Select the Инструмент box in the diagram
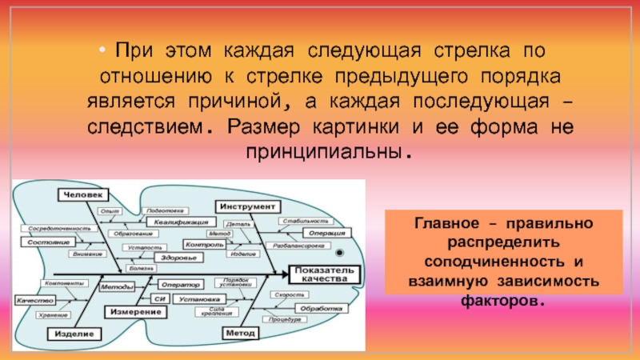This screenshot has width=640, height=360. coord(241,206)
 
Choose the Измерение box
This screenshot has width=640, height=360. coord(130,310)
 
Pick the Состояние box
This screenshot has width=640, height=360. coord(44,241)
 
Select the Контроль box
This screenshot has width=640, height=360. coord(202,243)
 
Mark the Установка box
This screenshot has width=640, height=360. coord(198,300)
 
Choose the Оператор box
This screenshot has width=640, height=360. coord(178,285)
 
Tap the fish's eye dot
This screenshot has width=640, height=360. coord(338,254)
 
